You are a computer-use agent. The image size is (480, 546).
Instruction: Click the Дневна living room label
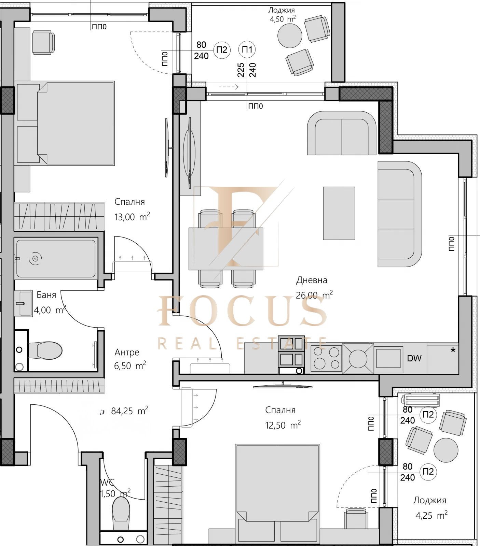312,280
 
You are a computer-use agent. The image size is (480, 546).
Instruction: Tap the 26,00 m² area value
314,295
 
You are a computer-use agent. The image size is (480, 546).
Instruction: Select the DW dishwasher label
414,358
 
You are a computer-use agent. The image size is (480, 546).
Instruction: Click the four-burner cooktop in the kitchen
326,359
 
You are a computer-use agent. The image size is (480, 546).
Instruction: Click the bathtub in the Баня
56,258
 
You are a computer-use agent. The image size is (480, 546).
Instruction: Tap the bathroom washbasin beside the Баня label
24,303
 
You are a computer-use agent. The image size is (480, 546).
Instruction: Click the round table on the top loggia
290,35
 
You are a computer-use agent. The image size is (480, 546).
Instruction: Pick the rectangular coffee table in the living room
339,213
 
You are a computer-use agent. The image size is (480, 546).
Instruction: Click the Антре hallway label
127,352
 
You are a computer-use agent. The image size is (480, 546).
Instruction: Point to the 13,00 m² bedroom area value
132,217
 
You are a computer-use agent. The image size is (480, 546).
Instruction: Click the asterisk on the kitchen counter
453,350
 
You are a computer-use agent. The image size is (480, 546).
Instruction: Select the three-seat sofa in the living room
399,214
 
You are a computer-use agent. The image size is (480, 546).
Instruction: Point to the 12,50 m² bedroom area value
283,425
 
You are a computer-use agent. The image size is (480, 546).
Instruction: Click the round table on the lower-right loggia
446,450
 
